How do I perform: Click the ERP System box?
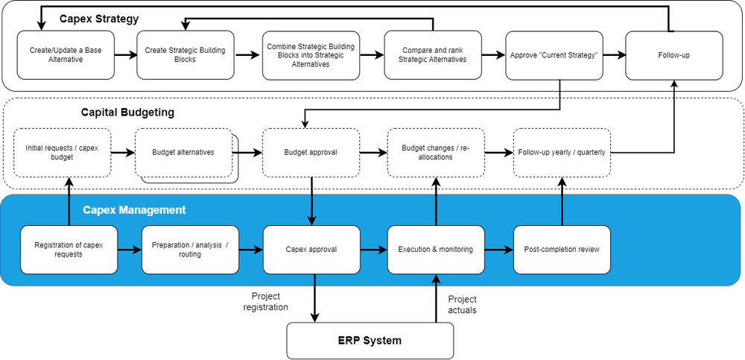point(370,341)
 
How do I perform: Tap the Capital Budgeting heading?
point(127,113)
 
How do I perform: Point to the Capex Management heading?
point(134,210)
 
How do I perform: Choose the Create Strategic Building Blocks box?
point(186,55)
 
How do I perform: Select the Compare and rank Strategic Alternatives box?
point(433,55)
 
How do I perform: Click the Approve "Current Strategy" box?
point(554,55)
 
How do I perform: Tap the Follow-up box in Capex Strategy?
point(673,55)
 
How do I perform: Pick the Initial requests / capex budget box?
point(63,152)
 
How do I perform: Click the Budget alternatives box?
point(183,152)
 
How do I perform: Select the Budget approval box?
point(311,152)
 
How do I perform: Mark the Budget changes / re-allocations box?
point(436,152)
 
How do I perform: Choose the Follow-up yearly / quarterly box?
point(562,152)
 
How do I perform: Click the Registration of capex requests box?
point(69,250)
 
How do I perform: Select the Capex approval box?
point(311,250)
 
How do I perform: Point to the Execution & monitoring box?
point(436,250)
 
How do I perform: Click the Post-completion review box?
point(562,250)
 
